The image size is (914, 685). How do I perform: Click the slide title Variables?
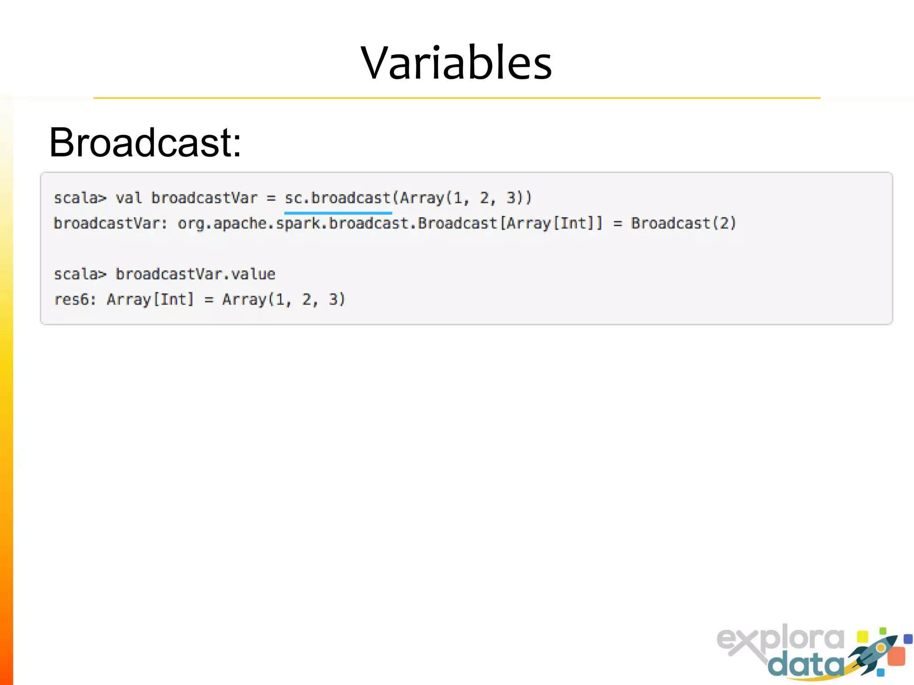pyautogui.click(x=456, y=63)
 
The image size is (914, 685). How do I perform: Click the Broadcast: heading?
pyautogui.click(x=145, y=143)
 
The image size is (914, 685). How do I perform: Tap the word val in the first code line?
pyautogui.click(x=129, y=198)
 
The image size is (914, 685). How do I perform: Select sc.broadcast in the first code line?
pyautogui.click(x=338, y=198)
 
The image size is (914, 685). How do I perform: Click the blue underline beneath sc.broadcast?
pyautogui.click(x=338, y=213)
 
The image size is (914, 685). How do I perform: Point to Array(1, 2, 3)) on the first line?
pyautogui.click(x=465, y=198)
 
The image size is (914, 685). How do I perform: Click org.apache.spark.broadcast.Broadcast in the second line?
pyautogui.click(x=337, y=223)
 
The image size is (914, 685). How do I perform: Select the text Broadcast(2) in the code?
pyautogui.click(x=683, y=223)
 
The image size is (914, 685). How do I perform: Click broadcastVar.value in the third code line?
pyautogui.click(x=195, y=274)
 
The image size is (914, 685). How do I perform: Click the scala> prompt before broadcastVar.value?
pyautogui.click(x=80, y=274)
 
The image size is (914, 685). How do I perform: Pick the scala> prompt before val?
pyautogui.click(x=80, y=198)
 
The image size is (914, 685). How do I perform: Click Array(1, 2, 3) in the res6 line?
pyautogui.click(x=284, y=299)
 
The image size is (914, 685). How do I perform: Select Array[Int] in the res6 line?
pyautogui.click(x=150, y=299)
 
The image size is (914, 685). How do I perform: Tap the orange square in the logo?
pyautogui.click(x=896, y=656)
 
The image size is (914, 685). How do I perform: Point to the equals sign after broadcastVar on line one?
pyautogui.click(x=271, y=198)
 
